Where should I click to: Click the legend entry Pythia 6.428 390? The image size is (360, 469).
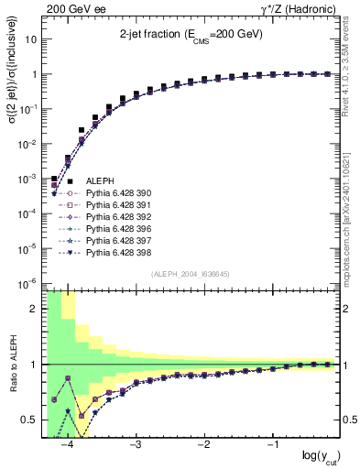[x=112, y=193]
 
